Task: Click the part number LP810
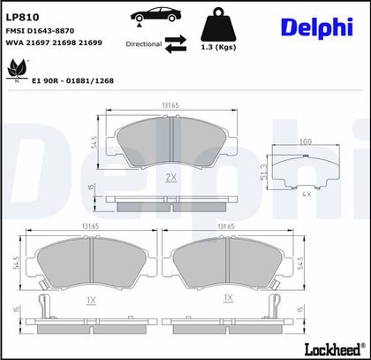22,18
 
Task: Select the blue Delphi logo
317,27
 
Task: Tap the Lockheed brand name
332,349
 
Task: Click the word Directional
144,44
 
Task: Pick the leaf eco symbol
17,70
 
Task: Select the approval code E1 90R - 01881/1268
72,80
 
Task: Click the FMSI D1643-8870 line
40,31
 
